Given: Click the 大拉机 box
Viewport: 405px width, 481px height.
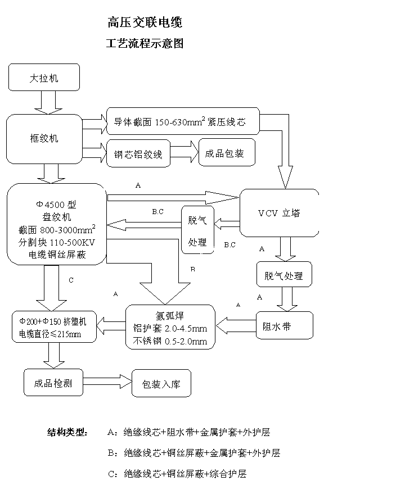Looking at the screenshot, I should tap(44, 78).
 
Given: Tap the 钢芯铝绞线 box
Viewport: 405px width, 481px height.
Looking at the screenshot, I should tap(138, 153).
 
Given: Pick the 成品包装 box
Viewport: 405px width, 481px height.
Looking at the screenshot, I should tap(226, 152).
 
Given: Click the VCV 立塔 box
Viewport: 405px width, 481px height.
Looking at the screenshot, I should tap(279, 213).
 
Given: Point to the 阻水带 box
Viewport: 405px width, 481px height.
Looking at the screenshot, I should tap(285, 326).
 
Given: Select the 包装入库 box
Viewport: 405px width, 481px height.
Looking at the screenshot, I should tap(161, 384).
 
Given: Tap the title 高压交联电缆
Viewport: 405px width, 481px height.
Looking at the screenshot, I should tap(145, 23).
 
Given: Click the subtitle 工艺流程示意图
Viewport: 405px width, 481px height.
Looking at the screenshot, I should tap(145, 43).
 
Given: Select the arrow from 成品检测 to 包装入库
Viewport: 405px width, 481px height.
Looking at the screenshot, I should tap(107, 383).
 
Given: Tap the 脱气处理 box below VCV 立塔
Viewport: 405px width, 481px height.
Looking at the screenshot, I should tap(283, 276).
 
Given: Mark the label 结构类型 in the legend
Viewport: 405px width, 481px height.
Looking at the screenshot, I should tap(67, 433).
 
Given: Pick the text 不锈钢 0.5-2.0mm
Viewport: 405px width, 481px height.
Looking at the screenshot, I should tap(170, 341).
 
